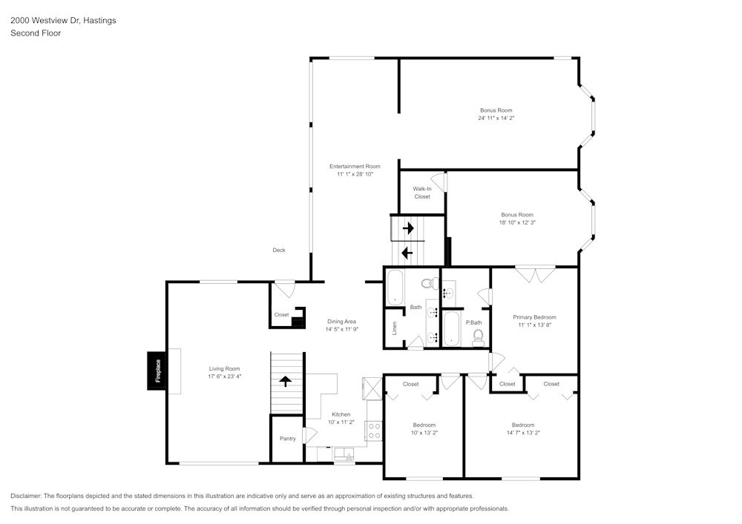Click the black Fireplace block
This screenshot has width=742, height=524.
tap(157, 371)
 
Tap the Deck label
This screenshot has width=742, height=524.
tap(279, 250)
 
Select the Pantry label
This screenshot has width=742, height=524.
tap(288, 439)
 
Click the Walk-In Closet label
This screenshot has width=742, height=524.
tap(422, 193)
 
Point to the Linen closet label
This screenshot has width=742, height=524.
tap(395, 328)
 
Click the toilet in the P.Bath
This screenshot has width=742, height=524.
tap(478, 337)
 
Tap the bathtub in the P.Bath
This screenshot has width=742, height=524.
tap(451, 328)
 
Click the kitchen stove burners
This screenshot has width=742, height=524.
tap(374, 431)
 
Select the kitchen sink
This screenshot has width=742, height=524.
tap(344, 454)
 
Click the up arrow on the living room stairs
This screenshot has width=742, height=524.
tap(286, 381)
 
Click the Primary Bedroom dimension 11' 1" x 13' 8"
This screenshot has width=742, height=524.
tap(534, 325)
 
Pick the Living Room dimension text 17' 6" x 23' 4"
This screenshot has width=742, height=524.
tap(225, 377)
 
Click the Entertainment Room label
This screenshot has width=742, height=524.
tap(355, 166)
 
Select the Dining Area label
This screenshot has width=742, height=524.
tap(341, 322)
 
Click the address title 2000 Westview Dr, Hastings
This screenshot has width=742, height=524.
tap(63, 20)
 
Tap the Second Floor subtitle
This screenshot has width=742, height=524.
tap(36, 33)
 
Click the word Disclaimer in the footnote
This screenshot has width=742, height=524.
tap(25, 496)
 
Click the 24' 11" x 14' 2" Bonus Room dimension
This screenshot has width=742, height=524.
tap(496, 118)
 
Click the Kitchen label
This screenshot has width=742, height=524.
tap(341, 414)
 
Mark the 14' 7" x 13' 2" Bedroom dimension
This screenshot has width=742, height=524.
tap(523, 433)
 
